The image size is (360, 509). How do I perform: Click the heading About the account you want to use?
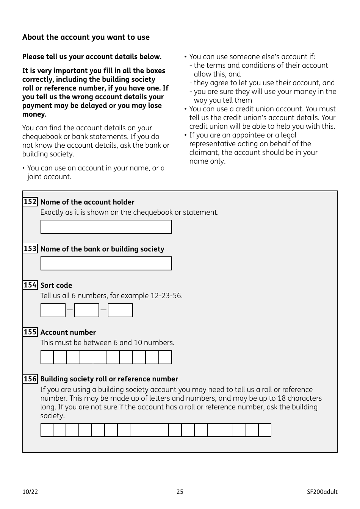click(86, 37)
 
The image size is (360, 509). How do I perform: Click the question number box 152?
click(30, 202)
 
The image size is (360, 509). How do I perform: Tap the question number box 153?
click(30, 249)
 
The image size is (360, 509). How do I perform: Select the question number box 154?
click(30, 285)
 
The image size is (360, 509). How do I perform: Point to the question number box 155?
click(30, 332)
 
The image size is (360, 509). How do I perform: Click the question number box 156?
click(30, 379)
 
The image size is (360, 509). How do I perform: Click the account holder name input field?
click(106, 227)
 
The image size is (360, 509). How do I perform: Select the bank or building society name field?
click(106, 263)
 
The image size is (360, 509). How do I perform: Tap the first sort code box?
click(53, 310)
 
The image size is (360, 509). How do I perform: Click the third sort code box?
click(120, 310)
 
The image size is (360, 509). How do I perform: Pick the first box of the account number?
click(47, 357)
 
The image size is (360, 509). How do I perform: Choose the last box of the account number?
click(165, 357)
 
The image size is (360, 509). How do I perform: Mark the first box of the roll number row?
click(47, 430)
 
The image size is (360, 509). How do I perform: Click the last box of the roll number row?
click(265, 430)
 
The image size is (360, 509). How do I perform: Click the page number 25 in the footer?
click(180, 492)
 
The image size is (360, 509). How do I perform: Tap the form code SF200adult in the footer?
click(322, 492)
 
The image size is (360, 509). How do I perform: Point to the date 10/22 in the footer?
click(30, 492)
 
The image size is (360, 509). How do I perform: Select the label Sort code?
click(56, 286)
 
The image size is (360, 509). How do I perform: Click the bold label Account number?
click(68, 333)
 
